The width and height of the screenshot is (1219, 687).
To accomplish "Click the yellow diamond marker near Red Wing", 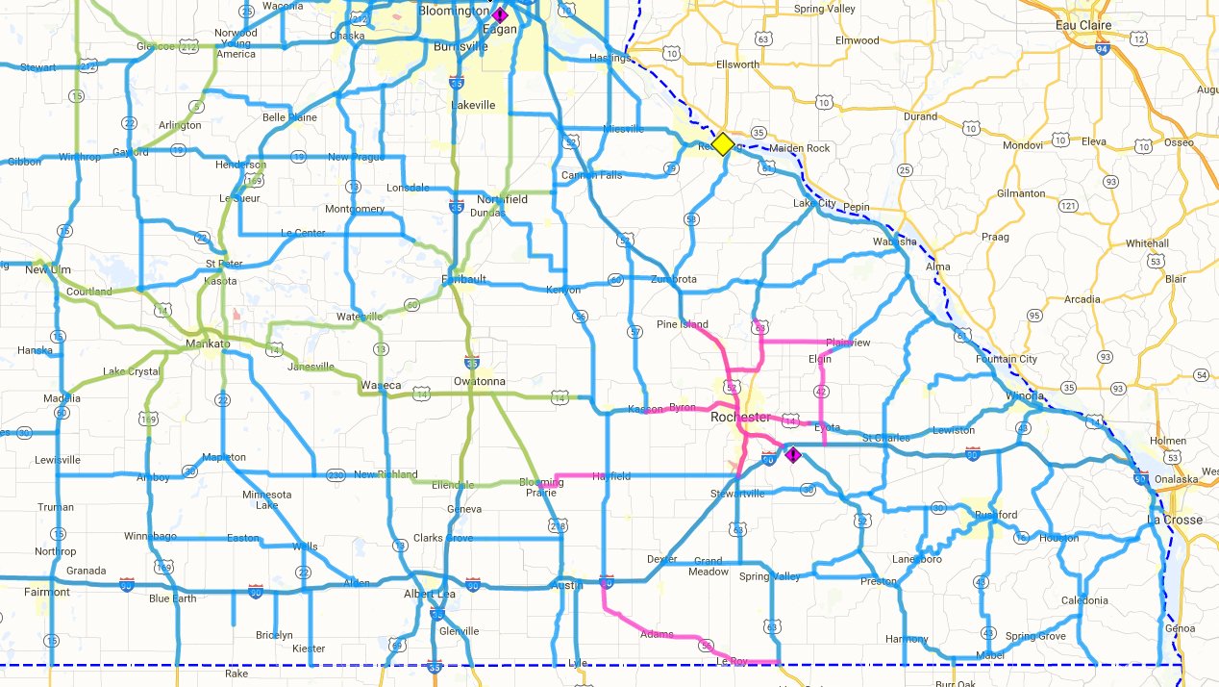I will point(723,143).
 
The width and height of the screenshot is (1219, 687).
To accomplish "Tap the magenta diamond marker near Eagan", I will point(500,14).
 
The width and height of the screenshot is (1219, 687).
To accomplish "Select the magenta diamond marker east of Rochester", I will point(792,454).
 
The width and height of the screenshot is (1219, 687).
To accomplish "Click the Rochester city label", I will point(740,418).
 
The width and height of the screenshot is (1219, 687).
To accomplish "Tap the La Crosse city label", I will point(1175,520).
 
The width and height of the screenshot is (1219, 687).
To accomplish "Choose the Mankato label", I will point(207,343).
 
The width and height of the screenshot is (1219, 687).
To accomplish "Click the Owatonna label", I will point(480,381).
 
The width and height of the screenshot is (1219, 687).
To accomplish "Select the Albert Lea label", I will point(429,594).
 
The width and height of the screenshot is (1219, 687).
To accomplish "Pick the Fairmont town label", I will point(46,592).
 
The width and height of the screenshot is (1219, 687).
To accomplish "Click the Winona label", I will point(1025,395).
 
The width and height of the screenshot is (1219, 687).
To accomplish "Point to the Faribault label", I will point(462,279).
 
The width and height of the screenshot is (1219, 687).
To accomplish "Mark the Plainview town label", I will point(847,343).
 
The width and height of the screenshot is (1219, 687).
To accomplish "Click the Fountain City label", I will point(1007,360).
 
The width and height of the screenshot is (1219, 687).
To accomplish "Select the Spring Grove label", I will point(1035,637).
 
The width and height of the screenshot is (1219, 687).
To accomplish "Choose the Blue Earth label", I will point(173,598).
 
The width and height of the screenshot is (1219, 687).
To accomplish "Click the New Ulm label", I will point(50,270).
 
